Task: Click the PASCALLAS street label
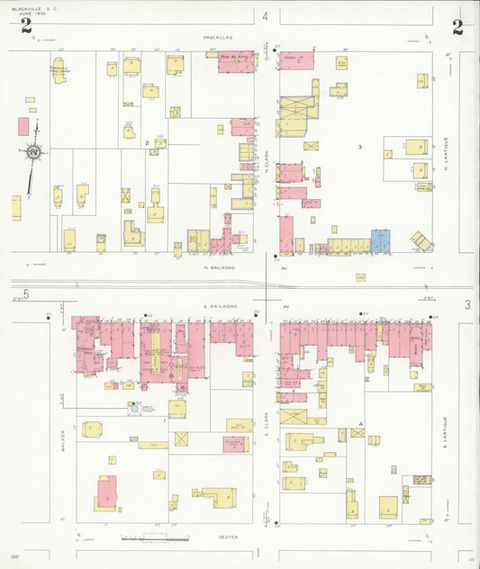[x=218, y=38]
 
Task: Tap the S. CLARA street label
[x=267, y=425]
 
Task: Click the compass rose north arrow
[x=33, y=154]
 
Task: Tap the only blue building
[x=381, y=240]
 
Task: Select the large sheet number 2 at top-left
[x=27, y=27]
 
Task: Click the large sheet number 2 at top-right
[x=457, y=27]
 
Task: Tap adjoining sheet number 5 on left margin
[x=27, y=294]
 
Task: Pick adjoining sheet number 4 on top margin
[x=266, y=17]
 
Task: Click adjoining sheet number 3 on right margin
[x=467, y=305]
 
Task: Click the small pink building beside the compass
[x=23, y=126]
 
